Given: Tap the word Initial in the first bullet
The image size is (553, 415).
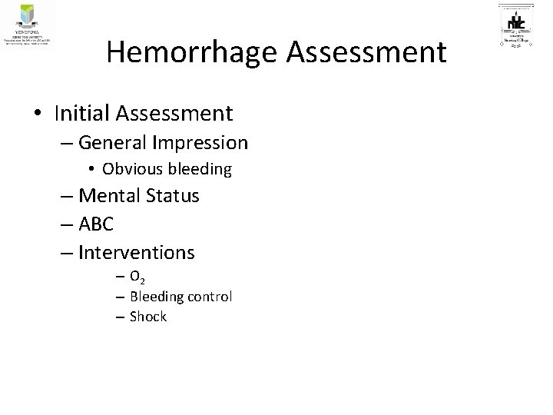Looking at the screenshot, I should click(82, 114).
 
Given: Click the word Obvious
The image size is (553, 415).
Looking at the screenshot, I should click(134, 168).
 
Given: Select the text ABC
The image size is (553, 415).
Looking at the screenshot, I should click(96, 224).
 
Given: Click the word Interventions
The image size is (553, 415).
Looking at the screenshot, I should click(137, 251).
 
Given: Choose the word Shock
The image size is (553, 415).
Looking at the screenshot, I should click(148, 317).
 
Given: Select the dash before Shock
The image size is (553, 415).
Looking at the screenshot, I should click(121, 317).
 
